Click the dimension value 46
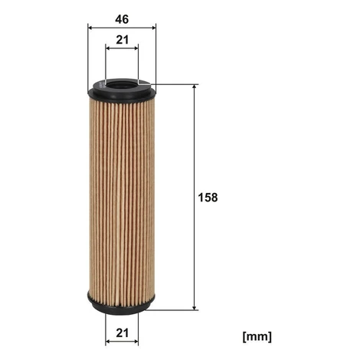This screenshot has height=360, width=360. [x=122, y=19]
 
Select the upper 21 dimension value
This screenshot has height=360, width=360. [x=123, y=40]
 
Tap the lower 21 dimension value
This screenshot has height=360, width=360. [x=123, y=333]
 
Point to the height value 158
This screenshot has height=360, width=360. [x=208, y=198]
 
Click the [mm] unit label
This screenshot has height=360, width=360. [x=257, y=337]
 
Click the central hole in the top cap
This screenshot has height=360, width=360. [x=122, y=83]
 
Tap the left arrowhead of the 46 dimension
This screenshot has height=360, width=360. [x=90, y=28]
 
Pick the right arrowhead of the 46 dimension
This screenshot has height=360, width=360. [x=153, y=28]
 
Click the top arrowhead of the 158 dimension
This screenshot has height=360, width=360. [x=195, y=87]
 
